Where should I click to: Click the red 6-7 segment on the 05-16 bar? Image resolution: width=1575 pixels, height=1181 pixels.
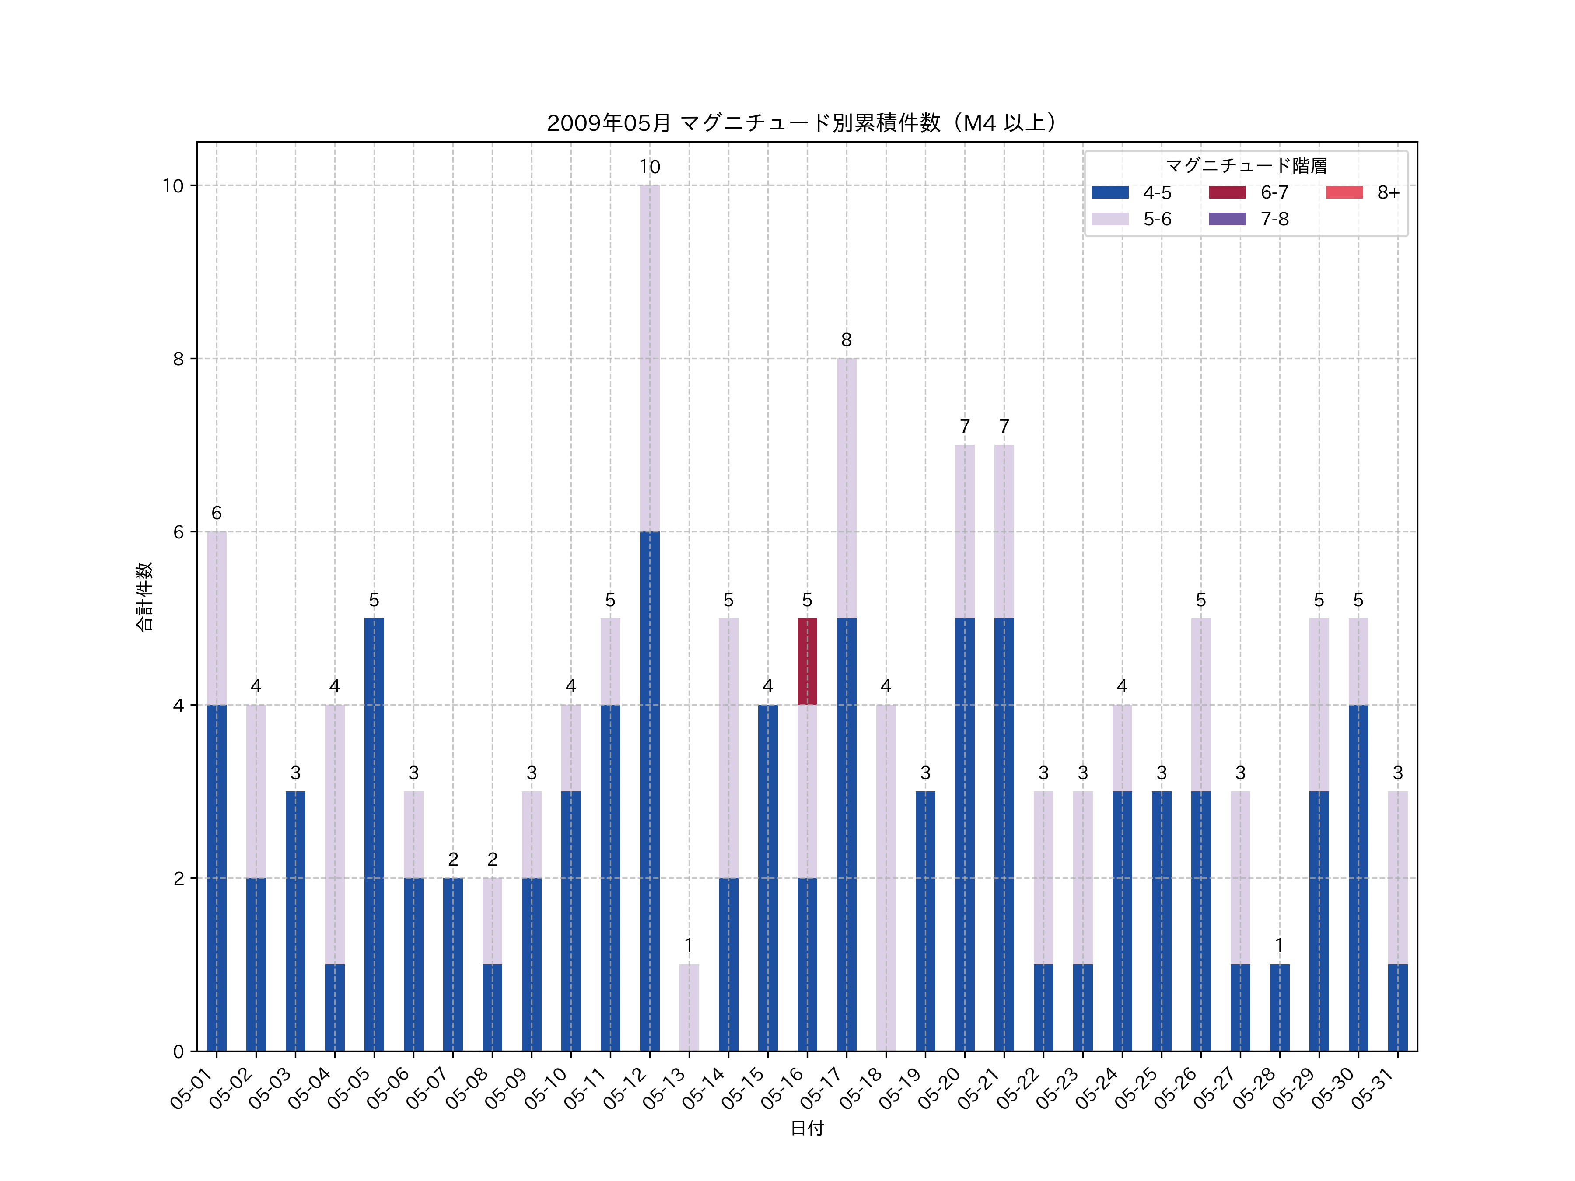pyautogui.click(x=807, y=661)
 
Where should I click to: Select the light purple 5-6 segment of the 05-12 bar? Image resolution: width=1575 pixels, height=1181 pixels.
pyautogui.click(x=649, y=358)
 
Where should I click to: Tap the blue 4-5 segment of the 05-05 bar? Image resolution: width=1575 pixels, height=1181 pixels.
pyautogui.click(x=374, y=834)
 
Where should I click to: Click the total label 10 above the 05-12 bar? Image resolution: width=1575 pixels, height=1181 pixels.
pyautogui.click(x=649, y=167)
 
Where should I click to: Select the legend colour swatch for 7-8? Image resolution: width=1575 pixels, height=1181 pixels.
pyautogui.click(x=1227, y=219)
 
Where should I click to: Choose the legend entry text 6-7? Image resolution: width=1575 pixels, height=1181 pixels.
pyautogui.click(x=1274, y=192)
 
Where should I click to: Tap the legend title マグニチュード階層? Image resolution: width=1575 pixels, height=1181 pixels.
pyautogui.click(x=1246, y=166)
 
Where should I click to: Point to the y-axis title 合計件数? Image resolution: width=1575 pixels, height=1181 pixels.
pyautogui.click(x=144, y=597)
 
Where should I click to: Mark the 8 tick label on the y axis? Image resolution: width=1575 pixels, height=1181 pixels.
pyautogui.click(x=178, y=359)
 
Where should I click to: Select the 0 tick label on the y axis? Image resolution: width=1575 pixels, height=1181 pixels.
pyautogui.click(x=178, y=1052)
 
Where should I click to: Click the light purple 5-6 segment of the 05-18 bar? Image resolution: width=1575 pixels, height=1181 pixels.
pyautogui.click(x=886, y=878)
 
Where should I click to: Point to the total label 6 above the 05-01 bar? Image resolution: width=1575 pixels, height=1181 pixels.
pyautogui.click(x=217, y=513)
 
